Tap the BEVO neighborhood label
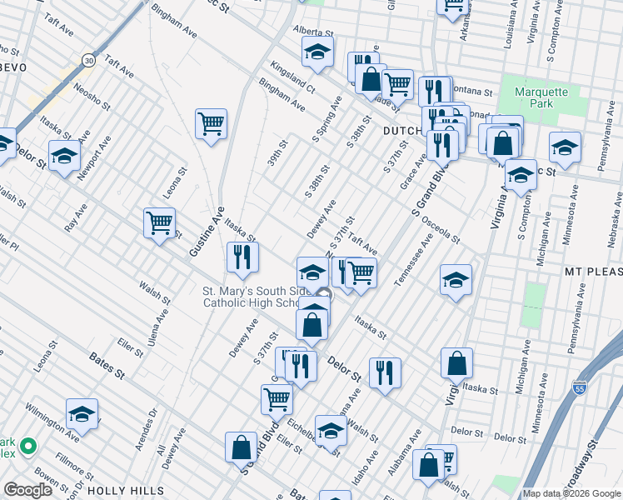pyautogui.click(x=15, y=67)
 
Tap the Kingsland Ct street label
pyautogui.click(x=292, y=76)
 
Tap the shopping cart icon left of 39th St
pyautogui.click(x=212, y=124)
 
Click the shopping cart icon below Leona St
pyautogui.click(x=159, y=222)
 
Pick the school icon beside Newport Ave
pyautogui.click(x=64, y=156)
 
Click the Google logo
pyautogui.click(x=28, y=490)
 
